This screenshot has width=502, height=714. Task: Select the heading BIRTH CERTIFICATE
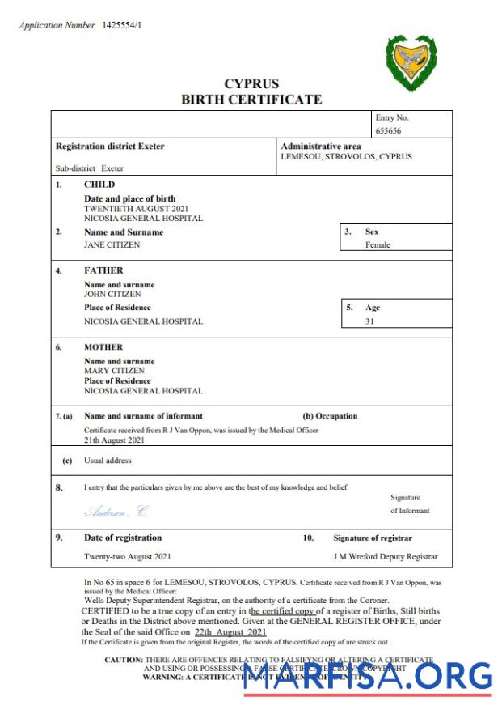251,100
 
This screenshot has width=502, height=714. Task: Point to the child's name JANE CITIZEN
112,244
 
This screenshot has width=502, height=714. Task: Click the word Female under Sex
378,244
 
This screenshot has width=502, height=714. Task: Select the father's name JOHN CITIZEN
112,295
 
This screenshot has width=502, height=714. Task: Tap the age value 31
370,321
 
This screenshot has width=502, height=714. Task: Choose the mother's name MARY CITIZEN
114,371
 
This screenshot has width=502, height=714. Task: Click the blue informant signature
117,511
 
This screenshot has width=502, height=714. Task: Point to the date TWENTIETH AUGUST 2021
137,208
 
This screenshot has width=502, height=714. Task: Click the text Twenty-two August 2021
128,557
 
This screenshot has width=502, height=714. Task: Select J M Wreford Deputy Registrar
386,557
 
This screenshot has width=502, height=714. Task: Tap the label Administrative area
320,147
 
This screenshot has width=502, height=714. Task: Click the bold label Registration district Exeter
110,147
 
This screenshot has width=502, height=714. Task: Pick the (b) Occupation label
330,416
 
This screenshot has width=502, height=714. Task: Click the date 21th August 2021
115,440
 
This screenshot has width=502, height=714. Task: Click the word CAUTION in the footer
124,660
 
